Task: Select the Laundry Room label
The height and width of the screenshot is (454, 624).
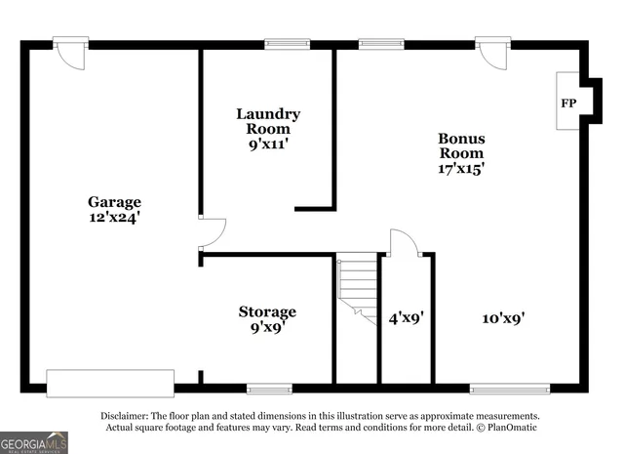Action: click(x=268, y=121)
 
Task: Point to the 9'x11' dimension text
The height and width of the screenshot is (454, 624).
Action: click(x=268, y=144)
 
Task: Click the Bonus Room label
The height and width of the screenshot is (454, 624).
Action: click(x=461, y=145)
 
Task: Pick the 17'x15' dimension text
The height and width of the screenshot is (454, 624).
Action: click(x=461, y=168)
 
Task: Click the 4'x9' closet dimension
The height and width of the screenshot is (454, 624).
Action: click(x=406, y=317)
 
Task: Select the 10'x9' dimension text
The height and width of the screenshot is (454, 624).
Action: click(x=504, y=317)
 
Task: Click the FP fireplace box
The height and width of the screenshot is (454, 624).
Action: click(x=567, y=103)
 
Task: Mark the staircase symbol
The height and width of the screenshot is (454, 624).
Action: click(x=358, y=288)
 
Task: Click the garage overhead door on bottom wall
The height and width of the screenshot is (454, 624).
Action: click(x=110, y=383)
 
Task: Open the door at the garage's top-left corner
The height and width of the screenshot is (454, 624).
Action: click(x=71, y=53)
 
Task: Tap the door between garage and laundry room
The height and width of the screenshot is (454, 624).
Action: click(x=211, y=231)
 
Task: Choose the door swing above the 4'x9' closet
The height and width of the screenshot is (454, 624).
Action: click(x=404, y=244)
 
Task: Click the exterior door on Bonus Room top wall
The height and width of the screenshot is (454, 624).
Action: click(x=492, y=53)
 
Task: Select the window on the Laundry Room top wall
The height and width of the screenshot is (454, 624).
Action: click(x=288, y=43)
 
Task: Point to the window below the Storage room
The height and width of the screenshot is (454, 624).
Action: click(x=269, y=389)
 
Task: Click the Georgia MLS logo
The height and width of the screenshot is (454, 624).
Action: click(x=34, y=442)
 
